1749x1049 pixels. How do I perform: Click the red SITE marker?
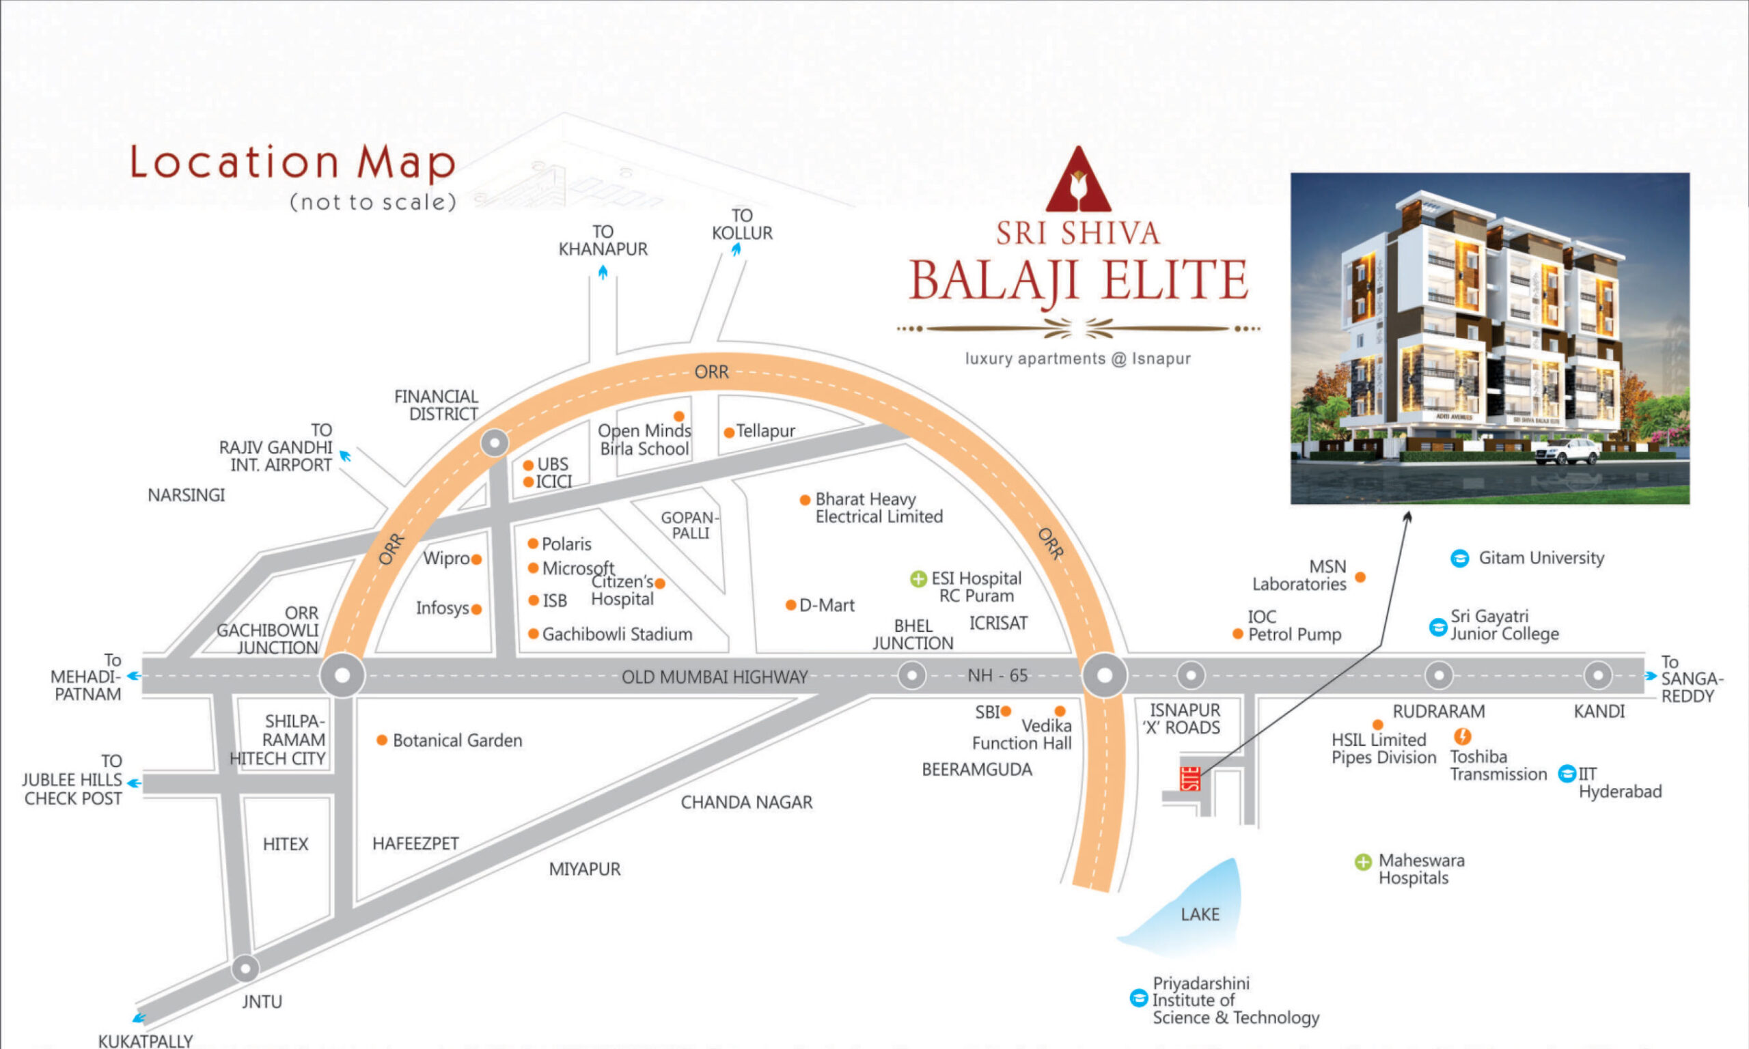tap(1192, 779)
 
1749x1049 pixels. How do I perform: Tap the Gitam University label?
tap(1541, 558)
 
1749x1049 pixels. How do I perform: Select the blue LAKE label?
tap(1200, 914)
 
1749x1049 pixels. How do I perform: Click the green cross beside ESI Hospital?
tap(918, 579)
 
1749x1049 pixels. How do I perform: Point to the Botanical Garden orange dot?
tap(382, 740)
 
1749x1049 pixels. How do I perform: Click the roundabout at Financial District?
tap(495, 443)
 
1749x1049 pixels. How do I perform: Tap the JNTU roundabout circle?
tap(245, 968)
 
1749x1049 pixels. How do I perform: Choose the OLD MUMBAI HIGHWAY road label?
tap(714, 677)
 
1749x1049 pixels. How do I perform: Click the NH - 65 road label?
tap(997, 675)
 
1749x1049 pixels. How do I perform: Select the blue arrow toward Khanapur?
tap(603, 271)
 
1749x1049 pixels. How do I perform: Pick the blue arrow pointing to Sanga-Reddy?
tap(1651, 675)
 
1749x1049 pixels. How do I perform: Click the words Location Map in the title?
tap(292, 162)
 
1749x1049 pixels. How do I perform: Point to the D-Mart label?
tap(827, 605)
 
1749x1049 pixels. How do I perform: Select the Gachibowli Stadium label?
tap(617, 634)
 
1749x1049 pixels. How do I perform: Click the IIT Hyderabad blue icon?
tap(1567, 772)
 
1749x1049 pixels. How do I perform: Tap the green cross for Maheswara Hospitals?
tap(1363, 862)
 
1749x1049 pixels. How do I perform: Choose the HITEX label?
tap(286, 844)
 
